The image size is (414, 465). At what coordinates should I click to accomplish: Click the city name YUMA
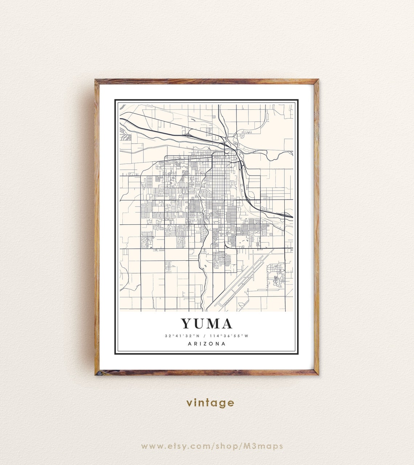(207, 324)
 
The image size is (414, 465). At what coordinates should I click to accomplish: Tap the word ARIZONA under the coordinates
(207, 344)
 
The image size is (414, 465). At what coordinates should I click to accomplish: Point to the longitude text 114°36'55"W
(229, 336)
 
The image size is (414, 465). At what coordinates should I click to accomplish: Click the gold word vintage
(210, 403)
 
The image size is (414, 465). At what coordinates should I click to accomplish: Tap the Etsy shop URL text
(212, 446)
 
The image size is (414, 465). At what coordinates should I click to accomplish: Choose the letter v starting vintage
(189, 403)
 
